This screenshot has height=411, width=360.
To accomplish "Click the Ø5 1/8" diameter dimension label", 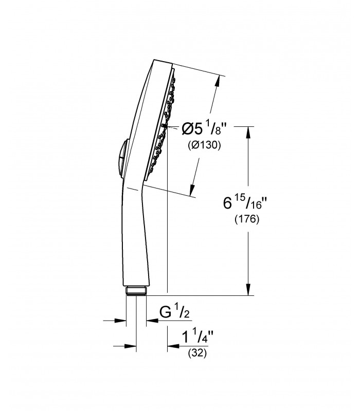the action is click(x=204, y=129).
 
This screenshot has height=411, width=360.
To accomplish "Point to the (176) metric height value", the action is click(x=247, y=219).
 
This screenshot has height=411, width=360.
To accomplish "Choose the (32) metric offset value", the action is click(x=197, y=353).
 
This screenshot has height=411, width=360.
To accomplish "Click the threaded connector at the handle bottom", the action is click(x=136, y=291).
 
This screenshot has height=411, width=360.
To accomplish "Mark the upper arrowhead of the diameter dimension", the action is click(x=217, y=81).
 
